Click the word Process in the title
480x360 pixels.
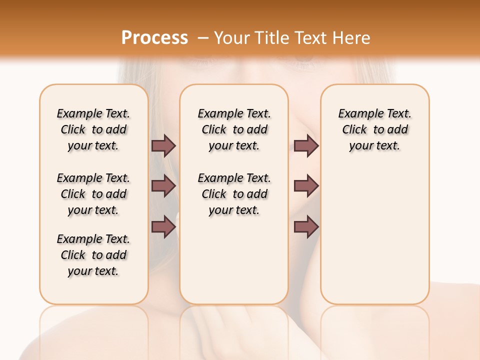[x=154, y=37]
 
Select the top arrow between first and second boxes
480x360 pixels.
[x=163, y=146]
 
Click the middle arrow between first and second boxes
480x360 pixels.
[x=163, y=186]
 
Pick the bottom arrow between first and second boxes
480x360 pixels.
[x=163, y=226]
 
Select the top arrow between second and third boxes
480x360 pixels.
[x=306, y=146]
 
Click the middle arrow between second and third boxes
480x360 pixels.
[x=306, y=186]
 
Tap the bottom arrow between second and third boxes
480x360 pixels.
[x=306, y=226]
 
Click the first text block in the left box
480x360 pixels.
[x=93, y=129]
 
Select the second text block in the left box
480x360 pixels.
[x=93, y=194]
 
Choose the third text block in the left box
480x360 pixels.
[x=93, y=255]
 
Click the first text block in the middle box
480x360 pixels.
[x=234, y=129]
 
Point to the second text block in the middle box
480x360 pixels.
[x=234, y=194]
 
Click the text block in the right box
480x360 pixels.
[x=374, y=129]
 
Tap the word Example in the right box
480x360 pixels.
[x=357, y=114]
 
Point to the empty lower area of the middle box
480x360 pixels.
[x=234, y=260]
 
